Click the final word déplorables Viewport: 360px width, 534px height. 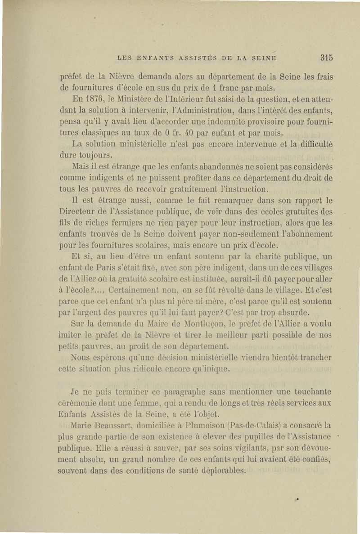point(221,471)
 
